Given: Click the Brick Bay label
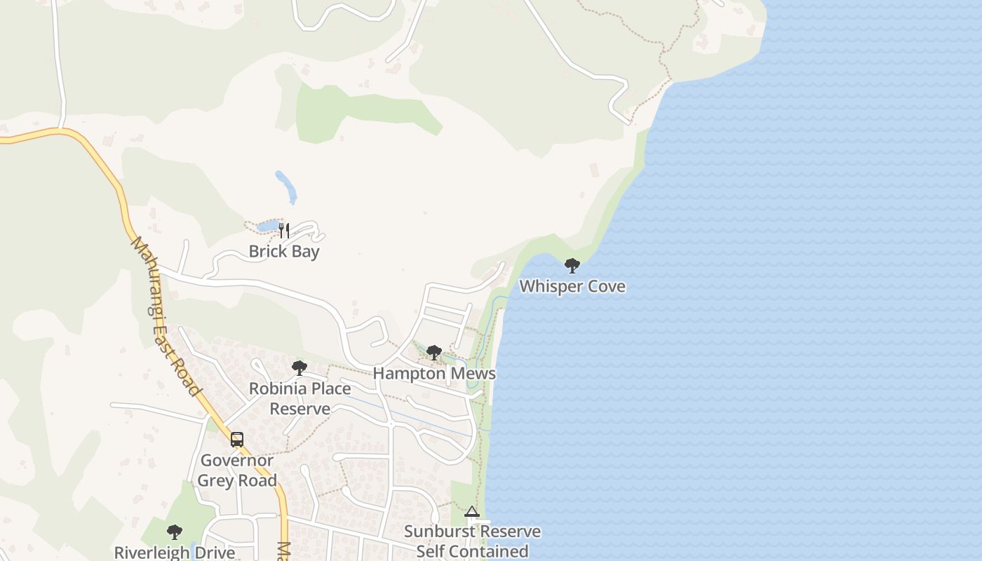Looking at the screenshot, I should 284,251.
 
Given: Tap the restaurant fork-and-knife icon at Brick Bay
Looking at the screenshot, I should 284,230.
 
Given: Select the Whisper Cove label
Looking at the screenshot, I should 572,286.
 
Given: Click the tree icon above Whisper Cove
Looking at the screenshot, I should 572,266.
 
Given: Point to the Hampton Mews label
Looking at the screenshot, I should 434,373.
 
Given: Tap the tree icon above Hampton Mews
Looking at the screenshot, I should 434,353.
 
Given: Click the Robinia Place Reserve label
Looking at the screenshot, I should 300,398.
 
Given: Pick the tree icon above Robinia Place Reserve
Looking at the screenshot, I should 300,368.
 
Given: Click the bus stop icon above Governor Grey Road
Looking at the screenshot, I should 237,440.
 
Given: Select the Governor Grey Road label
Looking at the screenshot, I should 237,471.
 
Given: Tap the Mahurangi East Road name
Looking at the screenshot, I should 166,316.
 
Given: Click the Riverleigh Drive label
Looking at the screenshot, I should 175,552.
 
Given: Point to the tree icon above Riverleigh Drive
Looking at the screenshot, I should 175,532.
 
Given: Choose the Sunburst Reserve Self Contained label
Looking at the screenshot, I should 472,541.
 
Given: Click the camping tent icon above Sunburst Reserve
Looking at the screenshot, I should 471,512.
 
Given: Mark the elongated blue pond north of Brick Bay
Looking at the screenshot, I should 286,187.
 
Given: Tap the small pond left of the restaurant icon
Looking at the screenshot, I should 267,226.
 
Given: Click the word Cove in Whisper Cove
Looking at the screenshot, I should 607,286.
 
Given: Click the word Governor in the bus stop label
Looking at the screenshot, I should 237,461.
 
